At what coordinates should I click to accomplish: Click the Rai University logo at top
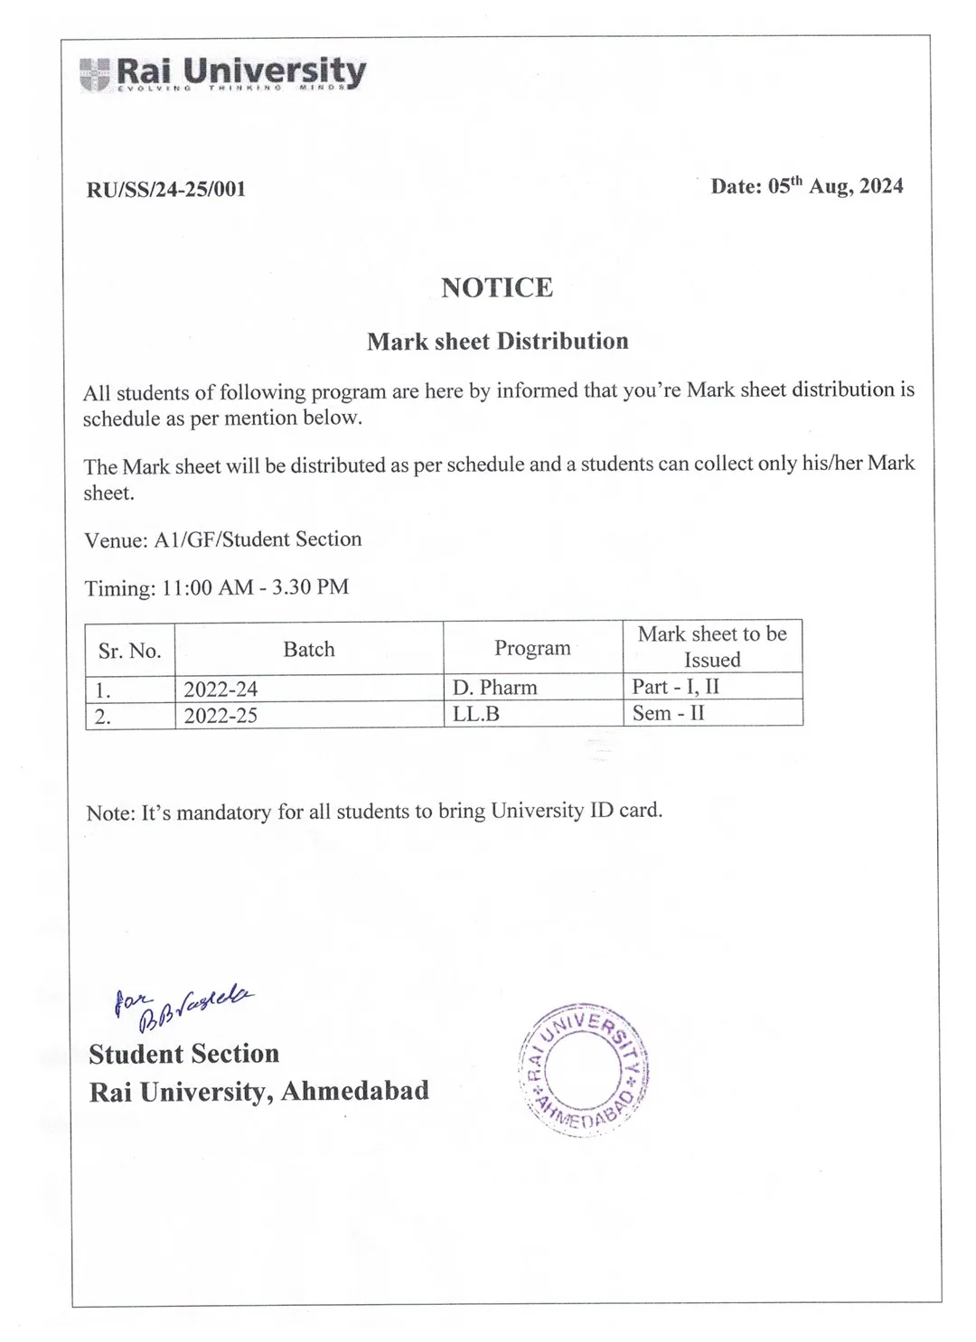pos(222,73)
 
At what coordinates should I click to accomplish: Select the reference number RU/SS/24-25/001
pos(166,189)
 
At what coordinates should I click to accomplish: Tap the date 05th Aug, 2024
pos(806,186)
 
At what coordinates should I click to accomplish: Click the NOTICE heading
pos(497,287)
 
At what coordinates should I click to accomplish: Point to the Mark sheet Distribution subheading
pos(497,342)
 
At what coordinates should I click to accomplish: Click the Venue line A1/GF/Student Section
pos(222,540)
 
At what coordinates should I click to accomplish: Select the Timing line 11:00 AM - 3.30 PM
pos(216,587)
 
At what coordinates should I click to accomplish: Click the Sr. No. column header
pos(129,651)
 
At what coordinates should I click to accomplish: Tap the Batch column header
pos(309,649)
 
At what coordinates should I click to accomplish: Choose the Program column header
pos(532,648)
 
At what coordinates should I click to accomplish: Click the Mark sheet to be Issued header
pos(712,646)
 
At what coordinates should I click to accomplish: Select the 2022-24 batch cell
pos(221,690)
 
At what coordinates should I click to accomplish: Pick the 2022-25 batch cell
pos(221,716)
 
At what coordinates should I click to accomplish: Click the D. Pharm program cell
pos(495,688)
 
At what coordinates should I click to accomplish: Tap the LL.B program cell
pos(476,714)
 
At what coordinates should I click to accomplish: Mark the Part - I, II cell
pos(676,686)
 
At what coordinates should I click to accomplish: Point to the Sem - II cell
pos(669,713)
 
